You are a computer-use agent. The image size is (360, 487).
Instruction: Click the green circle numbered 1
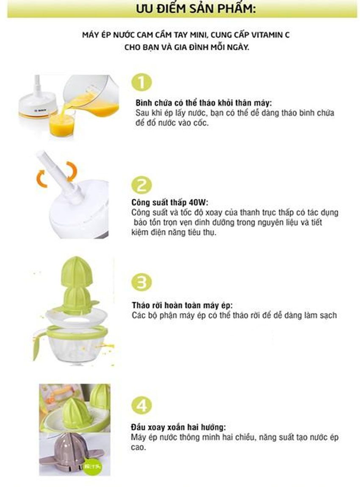tap(142, 83)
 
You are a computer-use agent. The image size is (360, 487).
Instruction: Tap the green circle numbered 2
tap(142, 185)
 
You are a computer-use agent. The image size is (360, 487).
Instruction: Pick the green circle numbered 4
tap(142, 405)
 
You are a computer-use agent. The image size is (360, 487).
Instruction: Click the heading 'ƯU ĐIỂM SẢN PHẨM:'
tap(196, 8)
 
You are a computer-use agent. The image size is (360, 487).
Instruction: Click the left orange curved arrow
tap(42, 178)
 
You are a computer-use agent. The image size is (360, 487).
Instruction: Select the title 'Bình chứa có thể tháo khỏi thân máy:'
tap(204, 103)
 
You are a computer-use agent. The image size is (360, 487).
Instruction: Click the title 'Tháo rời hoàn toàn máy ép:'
tap(182, 305)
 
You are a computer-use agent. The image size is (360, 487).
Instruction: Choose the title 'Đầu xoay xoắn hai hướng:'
tap(178, 427)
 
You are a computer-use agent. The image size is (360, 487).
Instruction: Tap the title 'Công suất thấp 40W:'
tap(170, 203)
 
